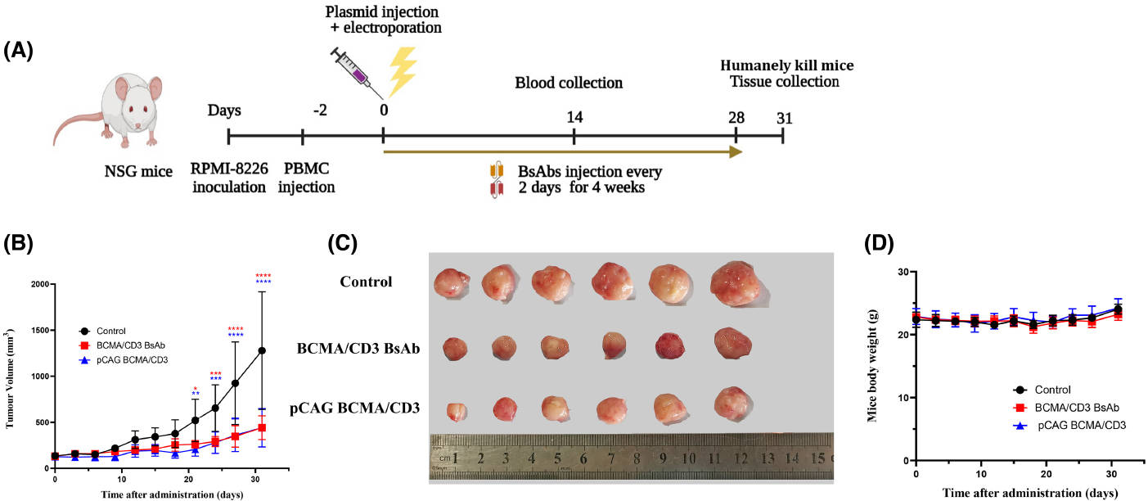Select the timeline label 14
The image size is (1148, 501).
pyautogui.click(x=574, y=117)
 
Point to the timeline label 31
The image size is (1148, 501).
pyautogui.click(x=784, y=117)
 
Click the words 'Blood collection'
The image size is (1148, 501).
pyautogui.click(x=569, y=83)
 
